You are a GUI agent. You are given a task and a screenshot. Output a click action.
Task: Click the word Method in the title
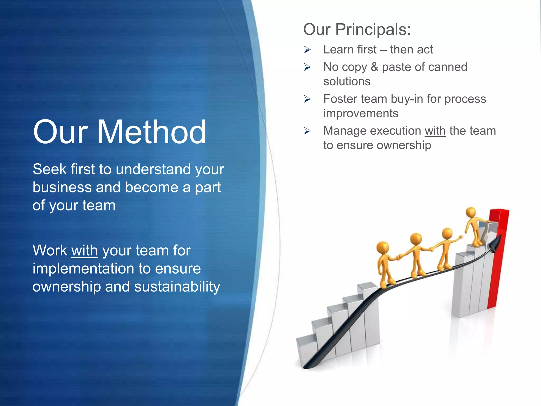pyautogui.click(x=152, y=132)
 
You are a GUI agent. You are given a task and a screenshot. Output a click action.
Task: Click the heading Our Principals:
pyautogui.click(x=357, y=29)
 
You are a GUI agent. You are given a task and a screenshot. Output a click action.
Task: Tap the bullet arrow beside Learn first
pyautogui.click(x=307, y=49)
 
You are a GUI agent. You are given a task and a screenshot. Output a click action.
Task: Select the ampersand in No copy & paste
pyautogui.click(x=374, y=67)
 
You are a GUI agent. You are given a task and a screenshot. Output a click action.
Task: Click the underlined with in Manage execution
pyautogui.click(x=435, y=131)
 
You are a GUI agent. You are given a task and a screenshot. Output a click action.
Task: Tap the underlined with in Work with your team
pyautogui.click(x=85, y=250)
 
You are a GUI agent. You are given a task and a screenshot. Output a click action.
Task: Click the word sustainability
pyautogui.click(x=177, y=287)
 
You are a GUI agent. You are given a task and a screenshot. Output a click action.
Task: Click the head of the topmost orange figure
pyautogui.click(x=470, y=212)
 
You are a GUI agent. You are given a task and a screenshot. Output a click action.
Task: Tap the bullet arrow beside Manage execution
pyautogui.click(x=307, y=131)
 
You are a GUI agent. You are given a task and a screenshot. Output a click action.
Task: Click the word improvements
pyautogui.click(x=361, y=113)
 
